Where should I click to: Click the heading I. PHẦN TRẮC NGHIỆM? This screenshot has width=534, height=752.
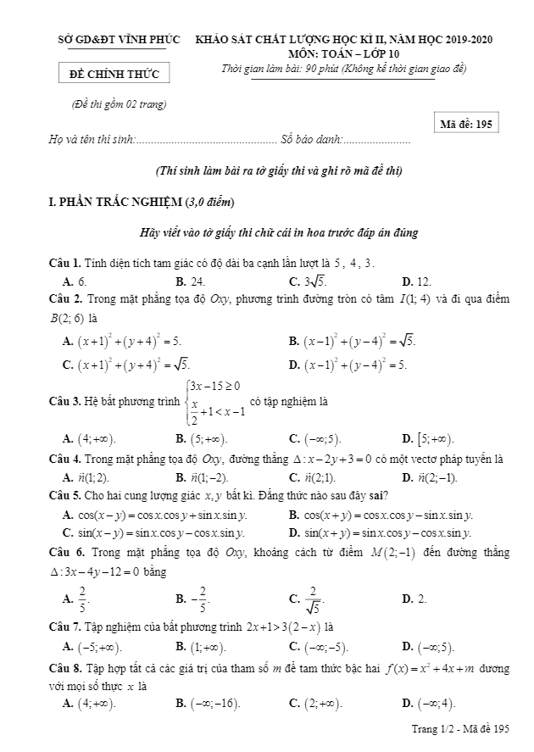click(x=142, y=202)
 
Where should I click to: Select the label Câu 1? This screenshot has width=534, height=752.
click(x=64, y=263)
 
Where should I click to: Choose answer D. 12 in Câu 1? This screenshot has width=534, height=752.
click(x=417, y=281)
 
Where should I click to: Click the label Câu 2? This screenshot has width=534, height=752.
click(x=64, y=299)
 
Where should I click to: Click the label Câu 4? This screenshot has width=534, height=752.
click(x=64, y=459)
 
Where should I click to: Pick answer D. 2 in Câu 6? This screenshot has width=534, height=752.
click(x=414, y=599)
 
